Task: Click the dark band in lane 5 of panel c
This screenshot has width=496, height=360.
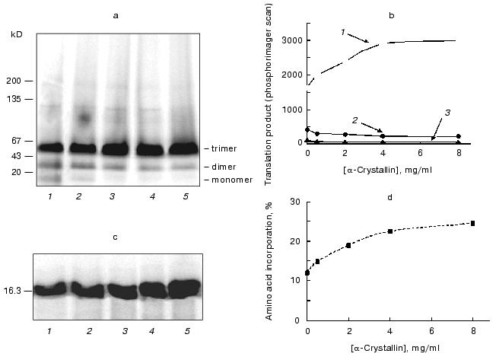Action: click(x=183, y=288)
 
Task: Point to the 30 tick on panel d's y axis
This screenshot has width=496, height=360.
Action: click(x=296, y=202)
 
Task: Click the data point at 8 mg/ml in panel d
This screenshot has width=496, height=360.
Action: click(x=472, y=223)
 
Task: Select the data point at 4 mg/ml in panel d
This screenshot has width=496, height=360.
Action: click(x=389, y=231)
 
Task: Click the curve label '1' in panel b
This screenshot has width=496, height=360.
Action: click(x=343, y=32)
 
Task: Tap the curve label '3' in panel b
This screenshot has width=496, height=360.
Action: click(x=447, y=113)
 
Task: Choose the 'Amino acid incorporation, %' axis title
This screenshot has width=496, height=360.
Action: click(x=272, y=258)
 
